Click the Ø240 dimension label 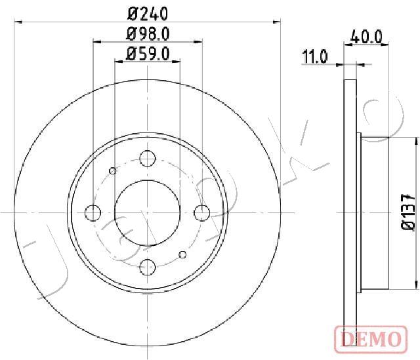[x=148, y=14]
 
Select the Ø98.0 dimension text [x=148, y=34]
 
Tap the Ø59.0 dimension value [x=148, y=54]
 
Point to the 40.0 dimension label [x=366, y=37]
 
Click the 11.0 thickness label [x=315, y=57]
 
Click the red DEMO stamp [x=371, y=339]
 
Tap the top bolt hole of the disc [x=148, y=159]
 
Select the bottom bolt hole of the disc [x=148, y=267]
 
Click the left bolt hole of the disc [x=93, y=213]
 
